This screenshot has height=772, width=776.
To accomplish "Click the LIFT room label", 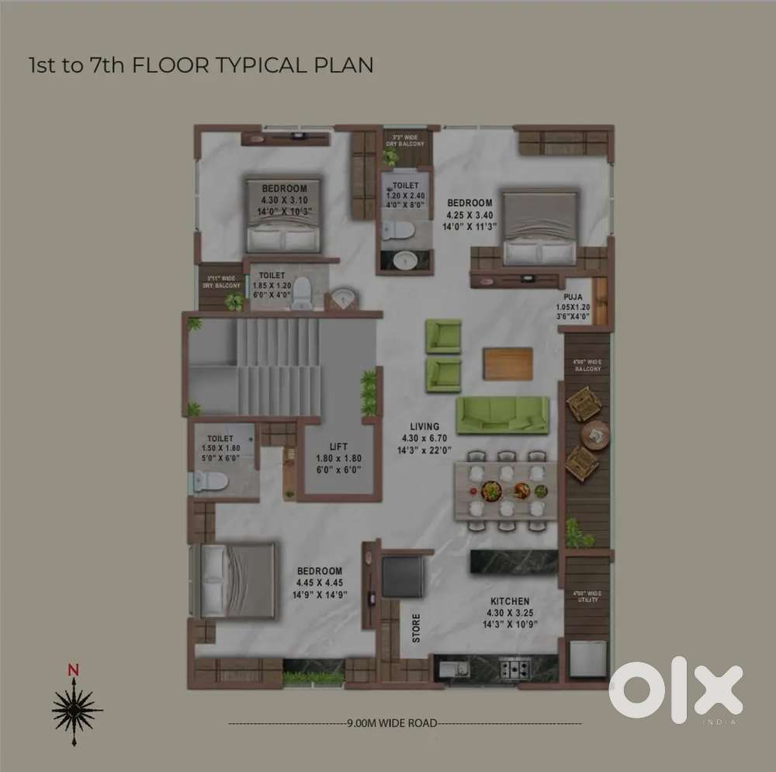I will coord(338,447).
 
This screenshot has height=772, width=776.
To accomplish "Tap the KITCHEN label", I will coord(510,602).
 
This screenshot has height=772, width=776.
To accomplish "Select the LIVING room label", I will coord(424,426).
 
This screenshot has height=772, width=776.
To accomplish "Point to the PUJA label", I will coord(573,297).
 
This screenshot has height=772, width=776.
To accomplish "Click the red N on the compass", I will coord(73,669).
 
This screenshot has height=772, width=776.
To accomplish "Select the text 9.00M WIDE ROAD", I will coord(392,723).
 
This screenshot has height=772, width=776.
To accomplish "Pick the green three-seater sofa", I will coord(502,415).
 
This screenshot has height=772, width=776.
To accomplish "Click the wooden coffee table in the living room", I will coord(508,363).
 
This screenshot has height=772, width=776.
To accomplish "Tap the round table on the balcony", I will coord(595,434).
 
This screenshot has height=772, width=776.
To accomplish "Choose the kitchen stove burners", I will coord(514,667).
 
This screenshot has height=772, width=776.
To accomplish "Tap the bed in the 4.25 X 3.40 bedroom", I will coord(540,228).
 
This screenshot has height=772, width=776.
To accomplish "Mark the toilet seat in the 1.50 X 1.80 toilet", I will coord(210,482).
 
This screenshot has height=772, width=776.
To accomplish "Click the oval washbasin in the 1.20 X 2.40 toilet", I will coord(404,262).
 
